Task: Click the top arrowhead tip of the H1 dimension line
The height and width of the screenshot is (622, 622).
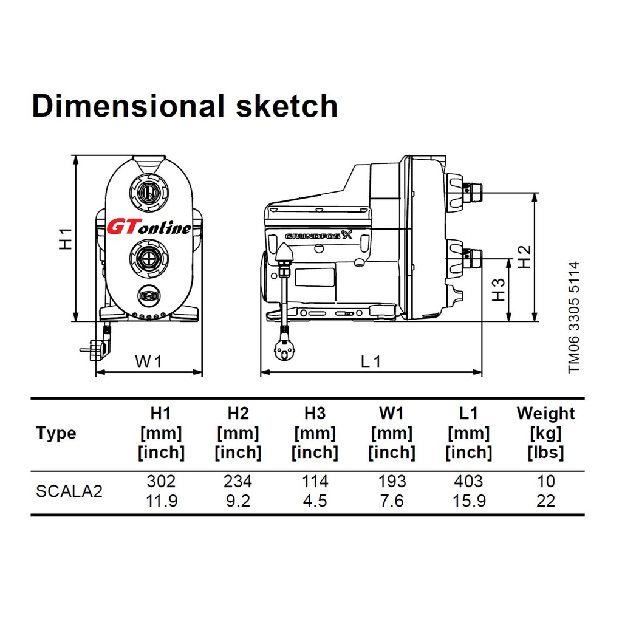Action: click(75, 155)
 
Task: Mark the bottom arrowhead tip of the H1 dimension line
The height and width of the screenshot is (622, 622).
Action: click(75, 321)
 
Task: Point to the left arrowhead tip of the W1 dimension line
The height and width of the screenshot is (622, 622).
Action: click(97, 372)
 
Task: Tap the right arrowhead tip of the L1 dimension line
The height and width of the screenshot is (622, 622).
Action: click(482, 372)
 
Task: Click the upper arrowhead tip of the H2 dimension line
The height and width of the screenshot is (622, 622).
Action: click(535, 193)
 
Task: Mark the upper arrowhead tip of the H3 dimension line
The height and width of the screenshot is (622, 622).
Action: click(509, 259)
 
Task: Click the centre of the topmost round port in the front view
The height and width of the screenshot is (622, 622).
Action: click(149, 193)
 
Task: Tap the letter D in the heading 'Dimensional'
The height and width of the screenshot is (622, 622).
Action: click(43, 106)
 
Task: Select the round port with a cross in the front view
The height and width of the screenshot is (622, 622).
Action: click(149, 259)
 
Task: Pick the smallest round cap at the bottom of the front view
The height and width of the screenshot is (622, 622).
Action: click(149, 296)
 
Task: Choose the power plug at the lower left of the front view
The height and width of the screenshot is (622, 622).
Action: click(97, 349)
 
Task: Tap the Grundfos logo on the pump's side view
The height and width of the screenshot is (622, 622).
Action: click(318, 236)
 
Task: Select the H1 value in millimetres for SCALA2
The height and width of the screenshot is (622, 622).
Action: click(161, 481)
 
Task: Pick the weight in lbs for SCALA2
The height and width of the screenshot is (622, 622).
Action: click(545, 501)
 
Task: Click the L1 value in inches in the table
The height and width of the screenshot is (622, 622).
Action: click(469, 501)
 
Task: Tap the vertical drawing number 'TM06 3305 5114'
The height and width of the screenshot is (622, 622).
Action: click(573, 317)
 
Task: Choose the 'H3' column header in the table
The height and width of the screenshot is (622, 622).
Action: click(315, 413)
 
